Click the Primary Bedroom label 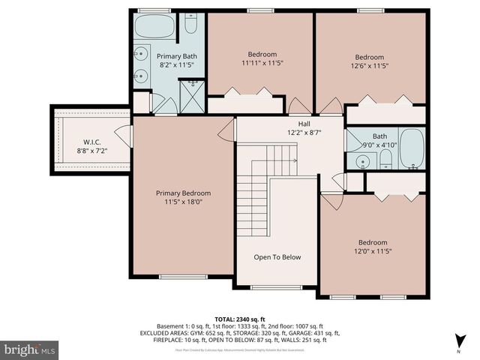click(183, 193)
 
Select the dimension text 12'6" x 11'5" click(369, 66)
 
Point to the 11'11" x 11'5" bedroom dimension click(262, 63)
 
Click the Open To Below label click(277, 257)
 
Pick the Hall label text click(304, 124)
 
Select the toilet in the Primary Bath click(190, 26)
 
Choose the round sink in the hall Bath click(364, 161)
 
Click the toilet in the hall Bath click(385, 158)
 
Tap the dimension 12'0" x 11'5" click(372, 252)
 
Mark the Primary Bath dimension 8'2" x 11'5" click(176, 65)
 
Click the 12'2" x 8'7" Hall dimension click(304, 133)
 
